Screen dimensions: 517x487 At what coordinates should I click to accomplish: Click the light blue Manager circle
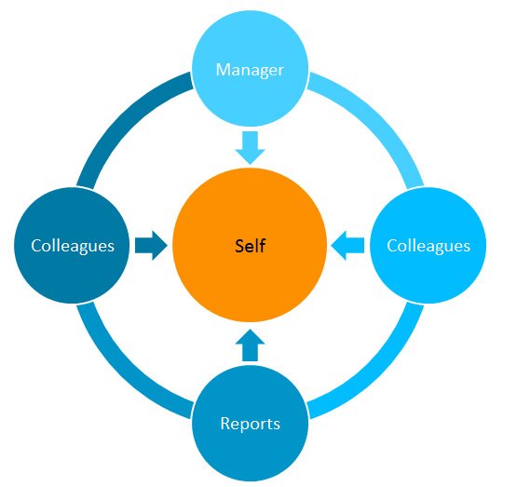(x=250, y=69)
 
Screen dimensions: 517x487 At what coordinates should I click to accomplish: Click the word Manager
(x=250, y=70)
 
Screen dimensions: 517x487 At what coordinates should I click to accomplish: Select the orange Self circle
(x=250, y=245)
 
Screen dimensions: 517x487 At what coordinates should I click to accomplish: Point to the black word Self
(x=251, y=246)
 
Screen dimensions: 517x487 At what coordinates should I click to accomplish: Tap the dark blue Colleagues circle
(x=72, y=246)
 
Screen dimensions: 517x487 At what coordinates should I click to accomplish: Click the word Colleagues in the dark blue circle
(x=73, y=247)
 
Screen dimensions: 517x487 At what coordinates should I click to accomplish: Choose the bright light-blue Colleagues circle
(x=428, y=246)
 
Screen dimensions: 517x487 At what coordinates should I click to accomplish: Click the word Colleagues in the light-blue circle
(x=429, y=247)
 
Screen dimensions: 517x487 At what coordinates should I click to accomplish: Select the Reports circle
(x=250, y=423)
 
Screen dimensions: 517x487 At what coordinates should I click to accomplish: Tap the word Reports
(x=251, y=424)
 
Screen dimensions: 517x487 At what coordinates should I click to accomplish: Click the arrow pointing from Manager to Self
(x=250, y=148)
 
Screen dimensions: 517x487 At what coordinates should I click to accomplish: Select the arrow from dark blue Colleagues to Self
(x=151, y=246)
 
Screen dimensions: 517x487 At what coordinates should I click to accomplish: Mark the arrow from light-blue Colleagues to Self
(x=347, y=246)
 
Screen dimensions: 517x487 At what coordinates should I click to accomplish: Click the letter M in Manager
(x=223, y=70)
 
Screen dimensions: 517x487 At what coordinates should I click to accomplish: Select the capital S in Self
(x=239, y=246)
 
